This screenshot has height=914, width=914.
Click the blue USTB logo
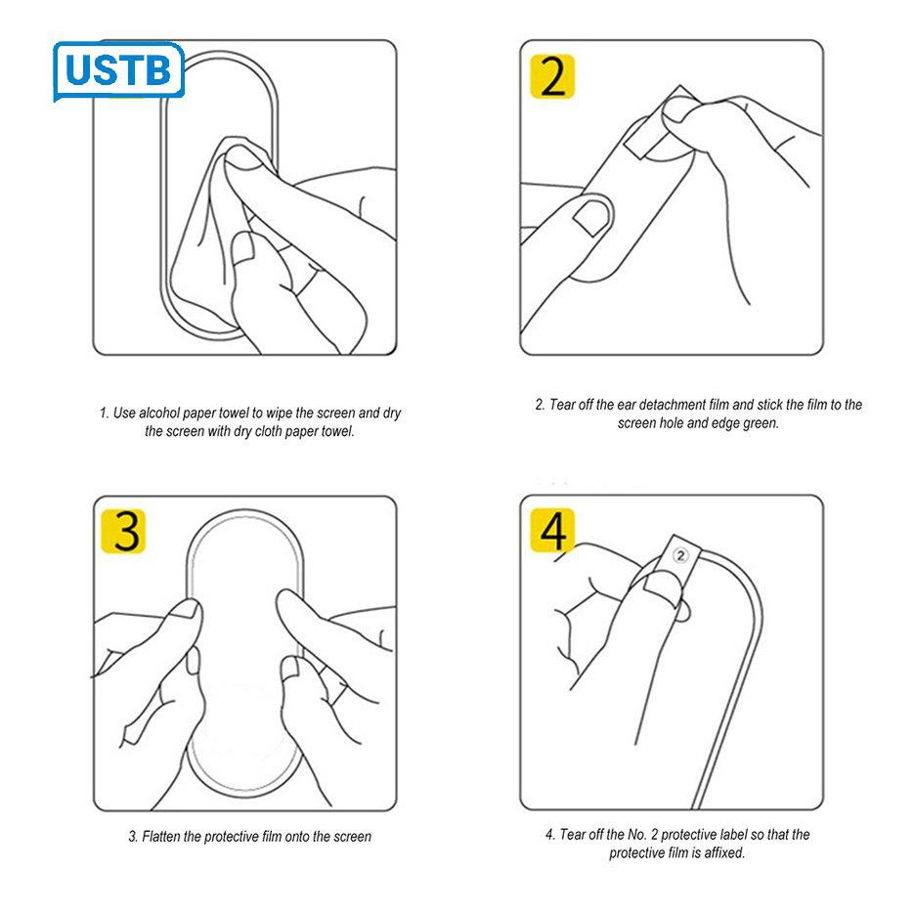pos(118,70)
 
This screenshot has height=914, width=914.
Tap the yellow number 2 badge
pos(552,76)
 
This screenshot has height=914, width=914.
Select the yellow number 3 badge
pos(123,531)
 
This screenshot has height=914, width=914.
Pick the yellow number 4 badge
pos(552,530)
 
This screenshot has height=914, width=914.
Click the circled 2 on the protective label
pos(679,555)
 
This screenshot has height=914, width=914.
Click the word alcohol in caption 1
pos(159,413)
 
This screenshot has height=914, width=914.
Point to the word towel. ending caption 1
pos(337,431)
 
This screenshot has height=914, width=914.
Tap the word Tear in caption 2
pos(562,405)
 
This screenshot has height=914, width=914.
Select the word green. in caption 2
pos(761,423)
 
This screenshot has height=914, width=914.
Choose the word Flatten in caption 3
pos(161,837)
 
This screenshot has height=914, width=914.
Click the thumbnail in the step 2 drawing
pos(592,217)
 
